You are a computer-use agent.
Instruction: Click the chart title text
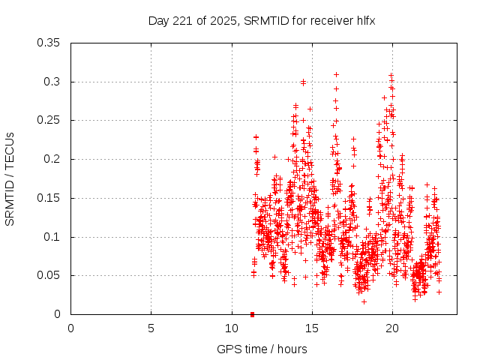(x=262, y=21)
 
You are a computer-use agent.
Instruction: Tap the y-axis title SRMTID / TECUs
(x=10, y=178)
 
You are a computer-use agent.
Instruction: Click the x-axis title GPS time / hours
(x=262, y=349)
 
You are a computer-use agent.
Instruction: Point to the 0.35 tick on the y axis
(x=50, y=43)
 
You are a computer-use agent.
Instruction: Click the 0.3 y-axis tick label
(x=53, y=82)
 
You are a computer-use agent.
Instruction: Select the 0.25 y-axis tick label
(x=50, y=120)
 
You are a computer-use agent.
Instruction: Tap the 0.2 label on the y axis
(x=53, y=159)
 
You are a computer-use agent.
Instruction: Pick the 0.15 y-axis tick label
(x=50, y=198)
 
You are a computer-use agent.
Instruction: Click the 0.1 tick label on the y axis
(x=53, y=237)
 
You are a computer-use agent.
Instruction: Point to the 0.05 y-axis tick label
(x=50, y=275)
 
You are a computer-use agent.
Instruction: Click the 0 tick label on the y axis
(x=58, y=314)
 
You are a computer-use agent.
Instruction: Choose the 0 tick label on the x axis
(x=71, y=328)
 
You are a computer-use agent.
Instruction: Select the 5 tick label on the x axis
(x=151, y=328)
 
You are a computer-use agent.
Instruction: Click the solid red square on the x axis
(x=252, y=314)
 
